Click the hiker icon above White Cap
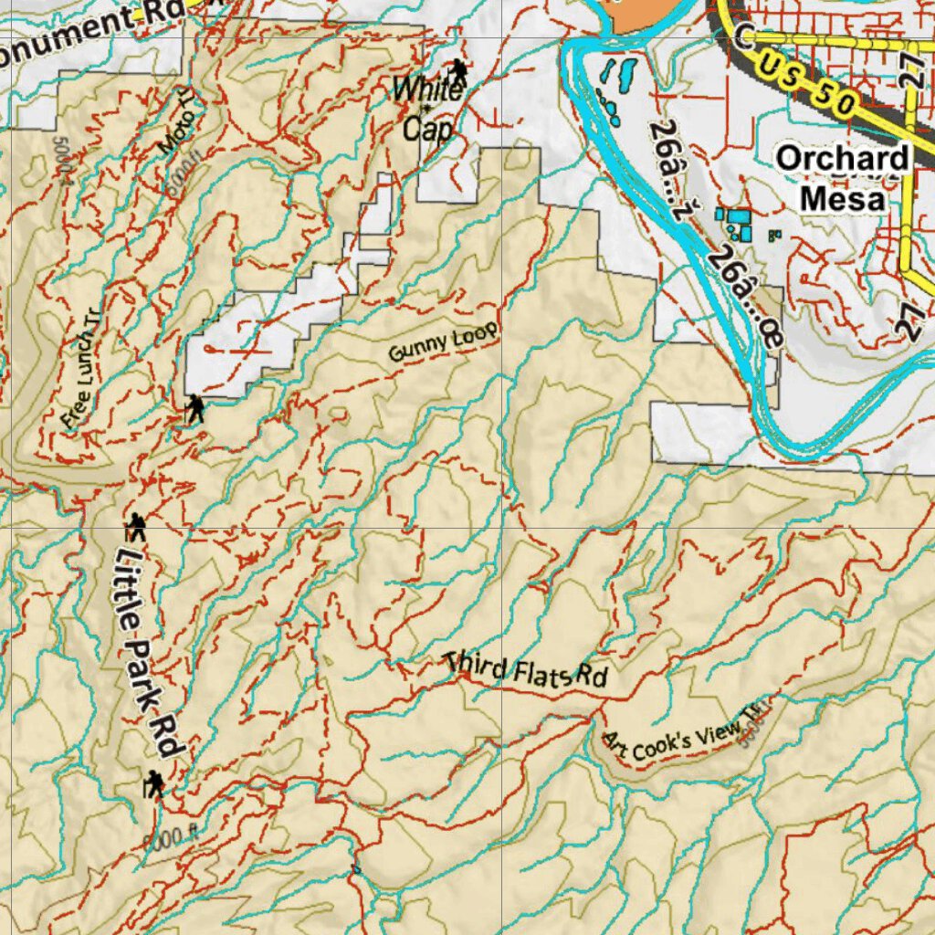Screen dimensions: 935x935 (457, 72)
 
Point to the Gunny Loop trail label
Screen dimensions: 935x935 (444, 341)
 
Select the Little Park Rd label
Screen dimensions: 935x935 (149, 648)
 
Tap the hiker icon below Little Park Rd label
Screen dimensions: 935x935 (154, 783)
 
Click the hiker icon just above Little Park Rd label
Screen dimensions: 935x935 (137, 527)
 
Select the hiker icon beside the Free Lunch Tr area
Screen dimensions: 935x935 (195, 408)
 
